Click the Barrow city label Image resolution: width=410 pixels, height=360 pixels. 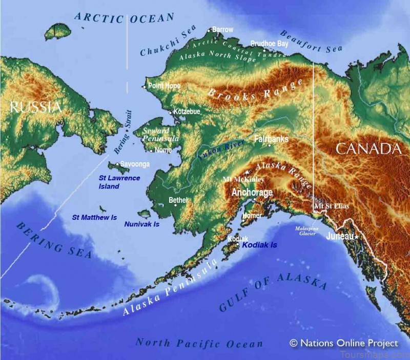pyautogui.click(x=223, y=30)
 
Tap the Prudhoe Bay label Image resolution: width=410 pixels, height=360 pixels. pyautogui.click(x=270, y=44)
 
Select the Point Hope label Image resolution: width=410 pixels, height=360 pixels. pyautogui.click(x=164, y=86)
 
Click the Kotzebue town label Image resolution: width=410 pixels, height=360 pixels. pyautogui.click(x=187, y=111)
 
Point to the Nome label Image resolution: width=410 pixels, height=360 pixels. pyautogui.click(x=163, y=150)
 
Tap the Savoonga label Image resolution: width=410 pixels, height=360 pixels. pyautogui.click(x=135, y=164)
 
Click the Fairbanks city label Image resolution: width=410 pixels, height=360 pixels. pyautogui.click(x=271, y=139)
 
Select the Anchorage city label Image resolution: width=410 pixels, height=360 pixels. pyautogui.click(x=252, y=193)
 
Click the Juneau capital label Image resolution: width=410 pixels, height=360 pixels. pyautogui.click(x=340, y=236)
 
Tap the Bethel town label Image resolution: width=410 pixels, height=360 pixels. pyautogui.click(x=178, y=200)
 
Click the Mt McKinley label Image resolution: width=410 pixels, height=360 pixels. pyautogui.click(x=243, y=180)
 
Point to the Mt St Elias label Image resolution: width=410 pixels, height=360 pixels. pyautogui.click(x=332, y=206)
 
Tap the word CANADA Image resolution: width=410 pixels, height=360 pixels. pyautogui.click(x=367, y=149)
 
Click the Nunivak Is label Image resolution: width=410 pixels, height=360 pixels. pyautogui.click(x=141, y=224)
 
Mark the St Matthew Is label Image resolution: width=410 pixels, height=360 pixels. pyautogui.click(x=91, y=217)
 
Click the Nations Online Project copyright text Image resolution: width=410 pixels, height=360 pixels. pyautogui.click(x=343, y=343)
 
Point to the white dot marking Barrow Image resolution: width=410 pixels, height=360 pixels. pyautogui.click(x=209, y=31)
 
